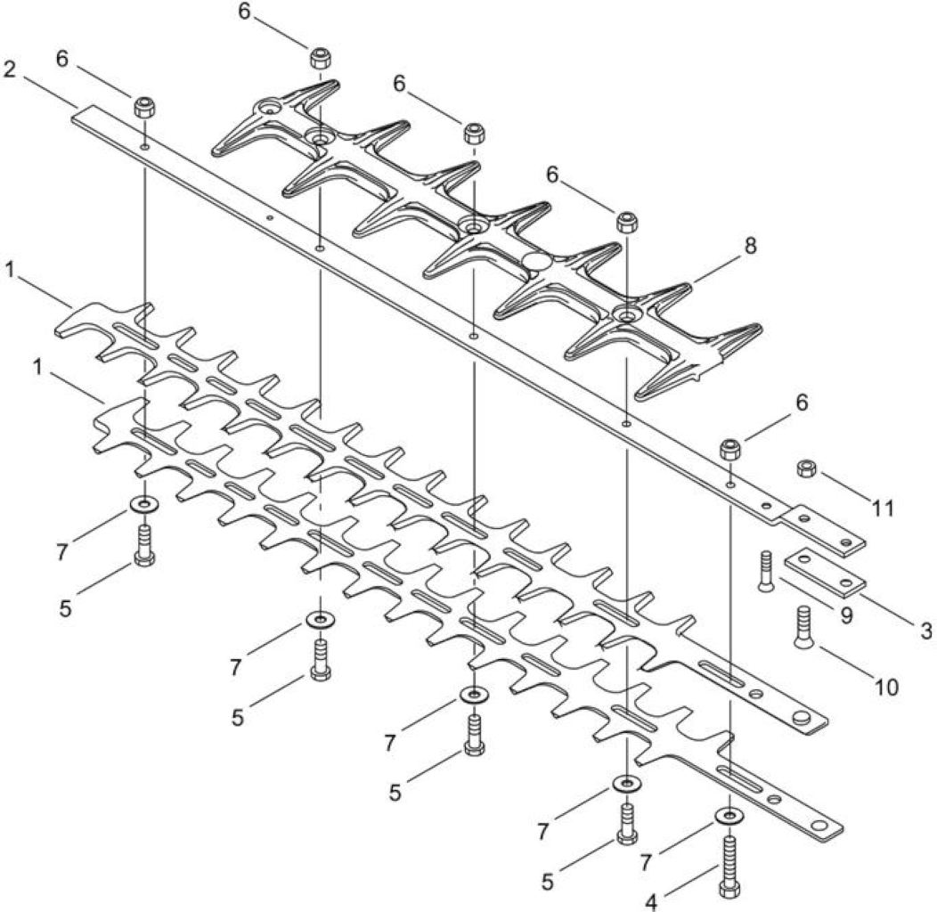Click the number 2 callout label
[x=10, y=70]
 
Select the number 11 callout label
[x=883, y=508]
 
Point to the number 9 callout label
[x=846, y=615]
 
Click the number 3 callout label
[x=925, y=631]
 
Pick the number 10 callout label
[x=886, y=688]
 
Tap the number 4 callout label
[x=651, y=902]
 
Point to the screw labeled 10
[x=803, y=626]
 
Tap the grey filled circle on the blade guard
[x=536, y=261]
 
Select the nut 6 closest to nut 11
[x=729, y=449]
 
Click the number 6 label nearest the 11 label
[x=802, y=403]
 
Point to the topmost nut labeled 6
[x=321, y=58]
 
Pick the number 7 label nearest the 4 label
[x=645, y=862]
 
